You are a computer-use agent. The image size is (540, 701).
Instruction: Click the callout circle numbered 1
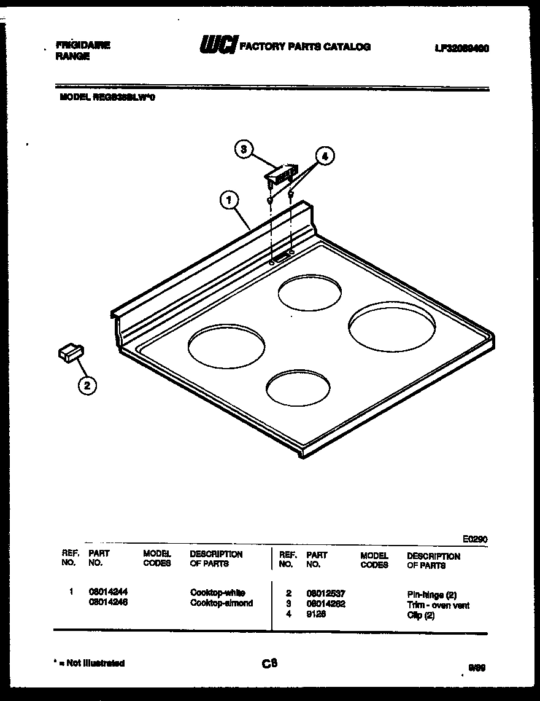click(228, 199)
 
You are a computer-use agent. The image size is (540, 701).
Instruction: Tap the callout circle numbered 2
click(87, 385)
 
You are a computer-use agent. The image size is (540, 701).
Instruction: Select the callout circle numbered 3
click(244, 149)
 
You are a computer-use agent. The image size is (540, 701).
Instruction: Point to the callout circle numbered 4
click(325, 157)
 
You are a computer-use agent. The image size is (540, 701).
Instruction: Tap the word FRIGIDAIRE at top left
click(83, 45)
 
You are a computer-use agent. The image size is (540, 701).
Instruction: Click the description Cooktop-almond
click(221, 603)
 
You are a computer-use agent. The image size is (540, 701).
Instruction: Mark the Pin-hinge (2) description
click(432, 595)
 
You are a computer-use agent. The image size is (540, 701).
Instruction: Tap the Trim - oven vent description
click(438, 605)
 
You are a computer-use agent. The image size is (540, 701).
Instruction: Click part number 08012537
click(326, 593)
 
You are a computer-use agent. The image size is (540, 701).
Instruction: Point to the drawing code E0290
click(475, 539)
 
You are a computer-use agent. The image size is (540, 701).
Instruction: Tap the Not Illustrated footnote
click(90, 663)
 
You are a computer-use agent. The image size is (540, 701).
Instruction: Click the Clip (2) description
click(420, 616)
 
